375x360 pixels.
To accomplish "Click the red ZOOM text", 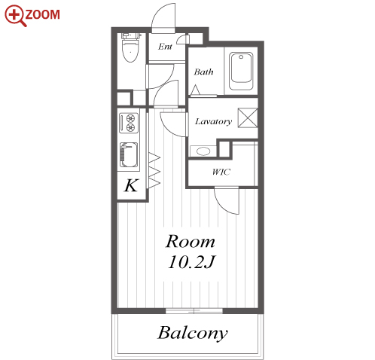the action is tap(42, 14).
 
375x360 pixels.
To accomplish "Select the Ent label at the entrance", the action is tap(165, 47).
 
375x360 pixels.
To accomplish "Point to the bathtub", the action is tap(241, 71).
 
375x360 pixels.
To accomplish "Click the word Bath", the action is tap(203, 72).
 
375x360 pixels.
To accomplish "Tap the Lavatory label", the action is tap(213, 121).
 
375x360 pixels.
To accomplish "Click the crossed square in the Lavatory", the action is tap(248, 117).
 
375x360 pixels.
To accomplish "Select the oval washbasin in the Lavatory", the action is tap(203, 151).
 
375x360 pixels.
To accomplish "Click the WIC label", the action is tap(221, 172).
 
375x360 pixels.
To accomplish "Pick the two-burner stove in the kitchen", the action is tap(129, 123).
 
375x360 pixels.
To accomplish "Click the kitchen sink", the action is tap(129, 155).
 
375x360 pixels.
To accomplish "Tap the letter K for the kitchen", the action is tap(131, 185).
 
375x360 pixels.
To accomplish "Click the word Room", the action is tap(191, 242).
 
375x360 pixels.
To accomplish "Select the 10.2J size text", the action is tap(192, 262).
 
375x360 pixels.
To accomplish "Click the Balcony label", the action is tap(193, 333).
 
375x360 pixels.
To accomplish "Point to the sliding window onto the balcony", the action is tap(194, 311).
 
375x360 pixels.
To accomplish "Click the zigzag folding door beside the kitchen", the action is tap(154, 170).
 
